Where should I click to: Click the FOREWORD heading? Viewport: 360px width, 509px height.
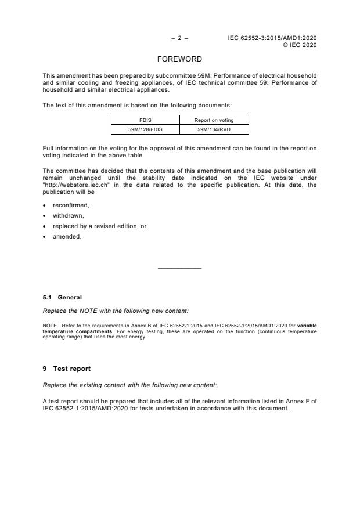(179, 59)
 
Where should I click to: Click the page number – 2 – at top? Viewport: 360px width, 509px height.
(179, 38)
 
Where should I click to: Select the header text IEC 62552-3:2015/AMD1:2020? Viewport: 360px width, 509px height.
(272, 38)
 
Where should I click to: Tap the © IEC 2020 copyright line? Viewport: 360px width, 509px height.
(299, 45)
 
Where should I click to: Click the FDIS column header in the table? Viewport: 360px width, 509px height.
(145, 121)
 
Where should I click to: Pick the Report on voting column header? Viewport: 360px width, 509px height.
(214, 121)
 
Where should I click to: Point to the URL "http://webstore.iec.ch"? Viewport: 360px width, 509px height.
(73, 185)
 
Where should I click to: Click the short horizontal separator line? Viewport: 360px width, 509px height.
(179, 268)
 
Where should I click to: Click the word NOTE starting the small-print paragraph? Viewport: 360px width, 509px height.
(49, 325)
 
